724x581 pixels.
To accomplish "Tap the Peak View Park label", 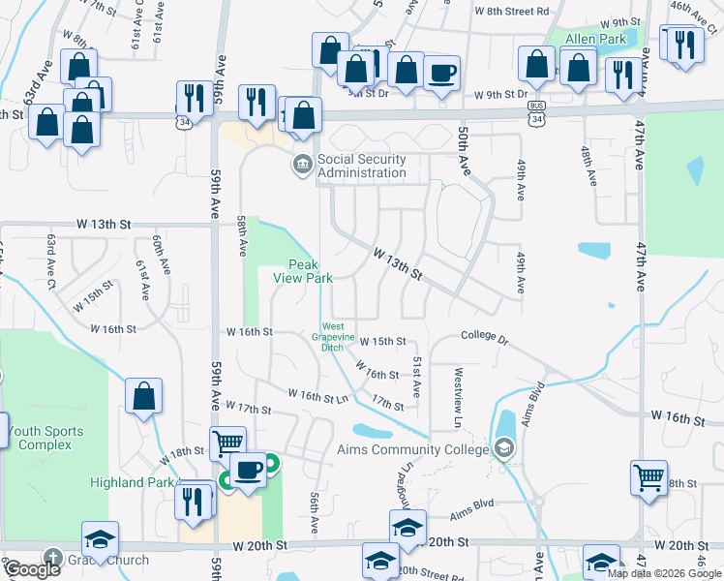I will coord(311,271).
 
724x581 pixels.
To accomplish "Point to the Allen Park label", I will coord(594,39).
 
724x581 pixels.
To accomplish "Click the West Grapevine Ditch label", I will coord(333,336).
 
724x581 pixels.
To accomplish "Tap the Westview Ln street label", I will coord(458,396).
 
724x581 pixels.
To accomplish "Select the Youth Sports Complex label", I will coord(44,438).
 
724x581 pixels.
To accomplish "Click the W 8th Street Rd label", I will coord(511,12).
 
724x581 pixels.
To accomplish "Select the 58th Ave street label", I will coord(242,235).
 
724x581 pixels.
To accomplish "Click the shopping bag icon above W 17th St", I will coord(143,397).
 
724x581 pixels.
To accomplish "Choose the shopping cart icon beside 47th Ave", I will coord(649,476).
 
